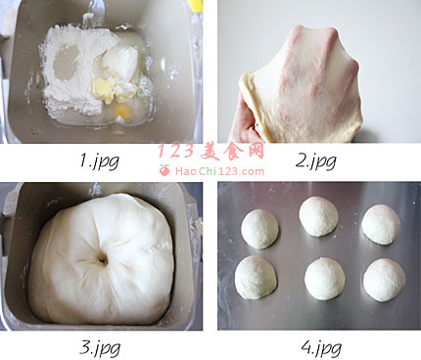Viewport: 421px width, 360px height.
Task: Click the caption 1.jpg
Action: click(x=100, y=161)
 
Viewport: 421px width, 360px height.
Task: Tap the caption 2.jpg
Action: click(x=316, y=160)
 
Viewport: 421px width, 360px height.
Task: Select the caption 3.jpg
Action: click(x=100, y=349)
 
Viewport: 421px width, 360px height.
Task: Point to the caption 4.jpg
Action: click(x=321, y=348)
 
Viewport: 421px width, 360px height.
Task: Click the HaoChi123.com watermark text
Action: click(x=219, y=171)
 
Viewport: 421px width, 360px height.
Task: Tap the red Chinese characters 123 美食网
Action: click(x=211, y=152)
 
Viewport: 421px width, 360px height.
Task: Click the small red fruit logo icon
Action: click(x=164, y=170)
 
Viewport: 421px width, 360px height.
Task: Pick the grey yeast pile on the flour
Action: click(x=66, y=63)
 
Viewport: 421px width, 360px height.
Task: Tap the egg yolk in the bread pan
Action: click(x=121, y=111)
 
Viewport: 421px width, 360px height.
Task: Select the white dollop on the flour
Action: click(x=120, y=63)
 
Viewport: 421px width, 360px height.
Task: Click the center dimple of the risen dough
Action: click(x=103, y=260)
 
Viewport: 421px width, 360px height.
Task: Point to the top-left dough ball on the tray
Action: click(x=259, y=229)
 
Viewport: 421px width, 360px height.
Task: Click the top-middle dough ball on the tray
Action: click(x=318, y=216)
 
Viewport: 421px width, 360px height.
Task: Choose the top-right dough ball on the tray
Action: click(x=381, y=224)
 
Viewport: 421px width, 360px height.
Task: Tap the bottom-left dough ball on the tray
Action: click(x=256, y=277)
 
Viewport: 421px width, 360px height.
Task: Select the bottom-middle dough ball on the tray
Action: click(x=324, y=279)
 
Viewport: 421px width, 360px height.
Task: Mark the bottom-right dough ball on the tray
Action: click(x=385, y=280)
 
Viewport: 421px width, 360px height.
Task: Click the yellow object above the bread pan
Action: click(x=195, y=6)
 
